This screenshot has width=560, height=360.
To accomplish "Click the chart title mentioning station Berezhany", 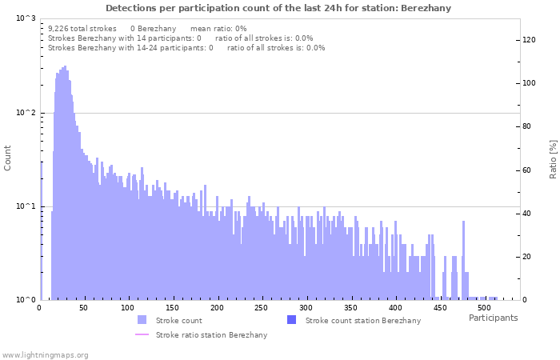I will tap(278, 8).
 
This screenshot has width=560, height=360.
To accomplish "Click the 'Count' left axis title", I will tap(8, 158).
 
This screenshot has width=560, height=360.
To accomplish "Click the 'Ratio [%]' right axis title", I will tap(553, 158).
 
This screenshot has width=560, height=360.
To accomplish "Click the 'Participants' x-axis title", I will tap(493, 318).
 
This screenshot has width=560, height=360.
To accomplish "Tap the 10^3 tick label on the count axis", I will tap(26, 18).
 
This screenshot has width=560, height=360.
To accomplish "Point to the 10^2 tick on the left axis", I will tap(26, 113).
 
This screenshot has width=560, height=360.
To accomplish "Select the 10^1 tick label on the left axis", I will tap(26, 206).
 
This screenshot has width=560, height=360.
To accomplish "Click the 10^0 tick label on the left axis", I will tap(26, 300).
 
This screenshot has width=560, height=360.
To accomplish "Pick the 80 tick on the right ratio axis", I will tap(527, 126).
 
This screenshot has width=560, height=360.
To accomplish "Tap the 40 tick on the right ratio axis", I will tap(527, 214).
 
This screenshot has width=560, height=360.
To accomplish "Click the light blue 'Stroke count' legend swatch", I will tap(142, 320).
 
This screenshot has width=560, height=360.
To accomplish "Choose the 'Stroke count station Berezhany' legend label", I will tap(362, 321).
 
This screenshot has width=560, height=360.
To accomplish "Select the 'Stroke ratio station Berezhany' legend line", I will tap(142, 334).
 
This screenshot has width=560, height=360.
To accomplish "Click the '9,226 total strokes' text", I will tap(82, 28).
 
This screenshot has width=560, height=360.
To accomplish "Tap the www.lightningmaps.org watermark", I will tap(46, 354).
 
